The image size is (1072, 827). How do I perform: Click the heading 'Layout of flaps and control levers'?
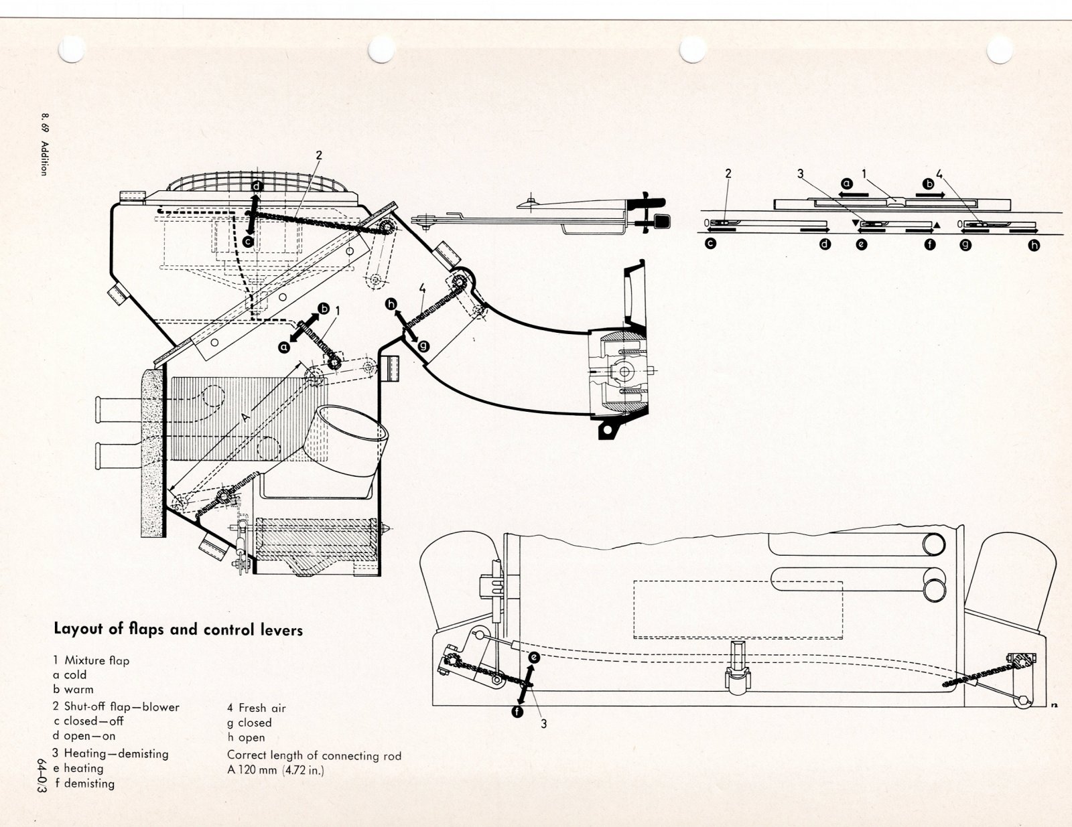click(x=178, y=629)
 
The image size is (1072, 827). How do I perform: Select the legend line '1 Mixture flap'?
click(x=91, y=660)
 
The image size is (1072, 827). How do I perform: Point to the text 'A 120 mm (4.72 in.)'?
click(x=275, y=770)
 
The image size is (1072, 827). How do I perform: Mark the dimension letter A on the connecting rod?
click(x=245, y=417)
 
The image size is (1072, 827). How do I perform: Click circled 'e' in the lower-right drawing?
click(x=533, y=658)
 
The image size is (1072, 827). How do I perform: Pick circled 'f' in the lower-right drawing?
click(x=517, y=712)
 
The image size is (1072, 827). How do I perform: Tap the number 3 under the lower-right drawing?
click(x=543, y=723)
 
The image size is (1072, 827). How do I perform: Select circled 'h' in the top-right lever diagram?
click(x=1034, y=245)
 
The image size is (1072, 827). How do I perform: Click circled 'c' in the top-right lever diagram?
click(x=710, y=244)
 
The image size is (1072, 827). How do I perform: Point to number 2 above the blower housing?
click(x=319, y=155)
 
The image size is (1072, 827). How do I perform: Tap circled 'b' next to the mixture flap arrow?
click(x=324, y=309)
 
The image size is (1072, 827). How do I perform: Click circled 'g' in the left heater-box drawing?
click(x=423, y=346)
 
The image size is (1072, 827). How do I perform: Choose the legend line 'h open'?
click(x=246, y=737)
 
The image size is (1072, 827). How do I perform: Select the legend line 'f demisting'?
click(x=84, y=783)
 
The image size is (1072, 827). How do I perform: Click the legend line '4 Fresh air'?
click(x=257, y=708)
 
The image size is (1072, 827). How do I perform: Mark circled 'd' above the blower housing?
click(x=257, y=186)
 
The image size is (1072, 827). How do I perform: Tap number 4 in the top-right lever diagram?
click(x=939, y=174)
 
